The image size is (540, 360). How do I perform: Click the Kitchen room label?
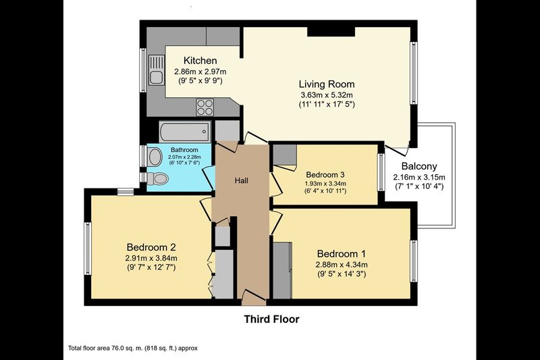[x=200, y=61]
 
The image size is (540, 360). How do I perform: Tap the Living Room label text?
[x=327, y=84]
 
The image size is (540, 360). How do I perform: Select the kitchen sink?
[x=157, y=70]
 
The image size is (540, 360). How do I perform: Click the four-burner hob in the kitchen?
[x=205, y=107]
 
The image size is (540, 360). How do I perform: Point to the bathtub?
[x=185, y=131]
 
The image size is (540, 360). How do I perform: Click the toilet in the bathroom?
[x=157, y=178]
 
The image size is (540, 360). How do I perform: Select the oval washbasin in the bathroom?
[x=155, y=157]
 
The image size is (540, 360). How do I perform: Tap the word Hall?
[x=242, y=180]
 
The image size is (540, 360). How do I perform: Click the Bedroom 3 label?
[x=325, y=175]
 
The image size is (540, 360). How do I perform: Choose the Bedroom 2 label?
[x=151, y=247]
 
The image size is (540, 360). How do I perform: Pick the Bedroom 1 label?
[x=342, y=254]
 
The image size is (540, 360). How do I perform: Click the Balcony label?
[x=419, y=166]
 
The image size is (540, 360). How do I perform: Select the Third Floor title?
[x=272, y=319]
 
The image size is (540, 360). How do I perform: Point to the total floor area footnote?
[x=133, y=349]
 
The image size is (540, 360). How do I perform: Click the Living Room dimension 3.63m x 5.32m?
[x=327, y=95]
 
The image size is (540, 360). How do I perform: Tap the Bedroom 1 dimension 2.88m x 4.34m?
[x=342, y=265]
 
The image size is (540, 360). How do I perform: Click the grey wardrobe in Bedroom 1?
[x=282, y=270]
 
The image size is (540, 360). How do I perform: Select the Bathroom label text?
[x=184, y=150]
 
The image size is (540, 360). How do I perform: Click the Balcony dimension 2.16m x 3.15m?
[x=419, y=178]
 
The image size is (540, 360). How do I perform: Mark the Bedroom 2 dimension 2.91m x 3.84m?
[x=151, y=258]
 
